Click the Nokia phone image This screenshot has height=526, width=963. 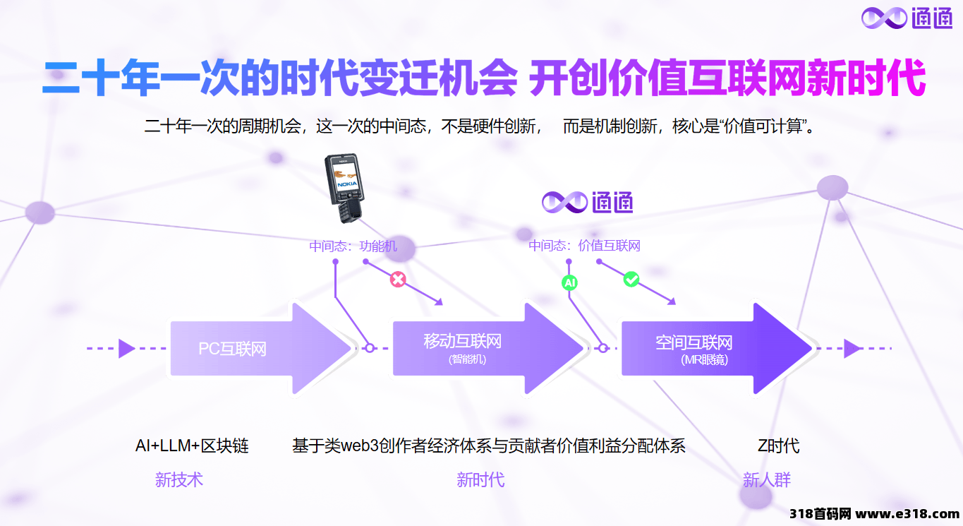344,188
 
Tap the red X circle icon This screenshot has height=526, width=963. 398,280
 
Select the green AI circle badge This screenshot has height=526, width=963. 569,282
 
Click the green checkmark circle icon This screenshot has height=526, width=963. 631,280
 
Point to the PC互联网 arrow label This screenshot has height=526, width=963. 232,348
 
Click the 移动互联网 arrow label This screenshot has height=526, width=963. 463,341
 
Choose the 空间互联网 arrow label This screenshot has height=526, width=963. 694,342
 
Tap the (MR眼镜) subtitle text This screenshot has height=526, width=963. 704,359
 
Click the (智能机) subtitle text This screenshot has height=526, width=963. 467,359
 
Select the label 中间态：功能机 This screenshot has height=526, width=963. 353,246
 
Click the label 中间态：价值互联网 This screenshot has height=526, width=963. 584,246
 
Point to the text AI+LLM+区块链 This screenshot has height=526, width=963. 192,446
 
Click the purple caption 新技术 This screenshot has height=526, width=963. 179,479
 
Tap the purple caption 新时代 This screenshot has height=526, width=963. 480,479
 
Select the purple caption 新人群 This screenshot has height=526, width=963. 767,479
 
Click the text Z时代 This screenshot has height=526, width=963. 779,446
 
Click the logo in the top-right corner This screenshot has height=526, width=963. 907,18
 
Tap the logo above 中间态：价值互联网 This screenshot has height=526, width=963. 587,202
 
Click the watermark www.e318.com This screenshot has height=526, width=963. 907,513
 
